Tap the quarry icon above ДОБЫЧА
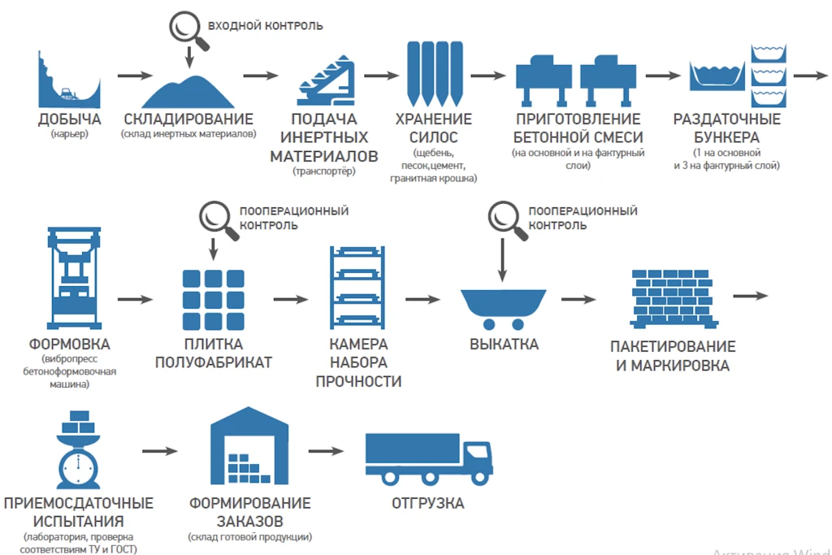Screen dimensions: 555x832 [68, 80]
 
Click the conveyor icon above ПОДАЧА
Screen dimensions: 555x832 [323, 79]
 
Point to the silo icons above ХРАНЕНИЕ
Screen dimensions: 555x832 [437, 74]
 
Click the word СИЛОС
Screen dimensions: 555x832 [439, 138]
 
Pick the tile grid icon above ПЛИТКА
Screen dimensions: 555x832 [214, 297]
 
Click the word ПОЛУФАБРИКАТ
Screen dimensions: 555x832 [214, 362]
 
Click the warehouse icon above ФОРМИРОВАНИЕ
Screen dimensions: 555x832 [249, 445]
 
